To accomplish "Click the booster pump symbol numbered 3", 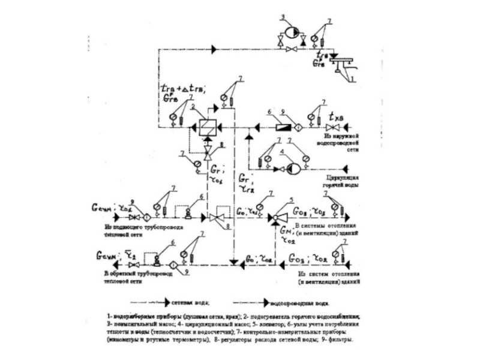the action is coord(290,31).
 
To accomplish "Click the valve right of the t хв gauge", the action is coord(330,129).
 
